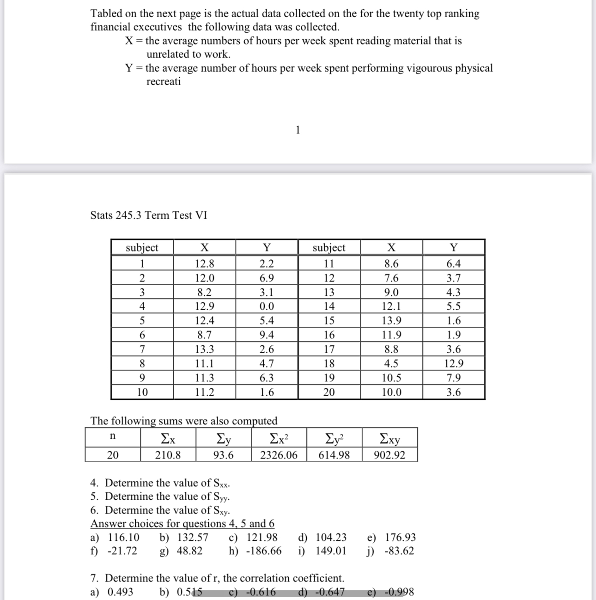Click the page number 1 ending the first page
click(298, 130)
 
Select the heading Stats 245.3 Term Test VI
click(148, 215)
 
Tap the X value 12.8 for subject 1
click(204, 264)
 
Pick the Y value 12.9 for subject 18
click(453, 363)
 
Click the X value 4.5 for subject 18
click(391, 363)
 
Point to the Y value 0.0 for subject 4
click(267, 306)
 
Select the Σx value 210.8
click(168, 455)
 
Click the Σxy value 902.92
click(389, 455)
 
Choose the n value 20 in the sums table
click(113, 455)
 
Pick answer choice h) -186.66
click(255, 551)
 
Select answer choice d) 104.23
click(322, 538)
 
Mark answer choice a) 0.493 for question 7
click(111, 592)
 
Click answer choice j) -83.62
click(391, 551)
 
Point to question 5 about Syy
click(160, 497)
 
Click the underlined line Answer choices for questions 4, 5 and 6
click(182, 524)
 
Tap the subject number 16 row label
click(328, 335)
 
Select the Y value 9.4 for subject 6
click(267, 335)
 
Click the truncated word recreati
click(164, 82)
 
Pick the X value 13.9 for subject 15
click(391, 321)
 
